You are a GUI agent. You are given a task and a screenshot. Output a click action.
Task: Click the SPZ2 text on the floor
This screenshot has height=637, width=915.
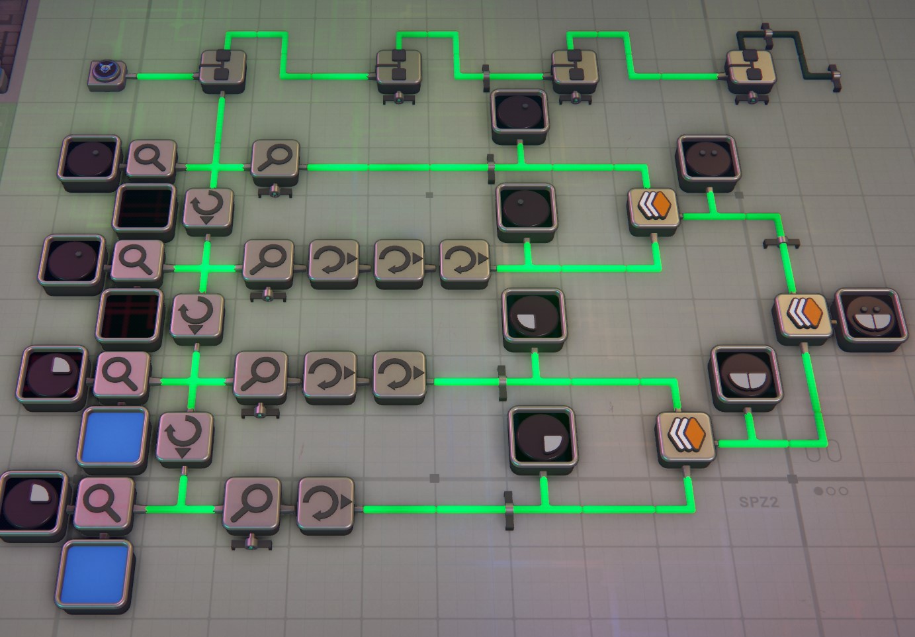pos(758,502)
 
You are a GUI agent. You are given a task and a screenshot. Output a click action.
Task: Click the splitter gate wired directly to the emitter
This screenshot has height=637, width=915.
pos(223,72)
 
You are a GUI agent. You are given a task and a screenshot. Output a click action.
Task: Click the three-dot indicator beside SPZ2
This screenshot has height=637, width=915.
pos(830,491)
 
